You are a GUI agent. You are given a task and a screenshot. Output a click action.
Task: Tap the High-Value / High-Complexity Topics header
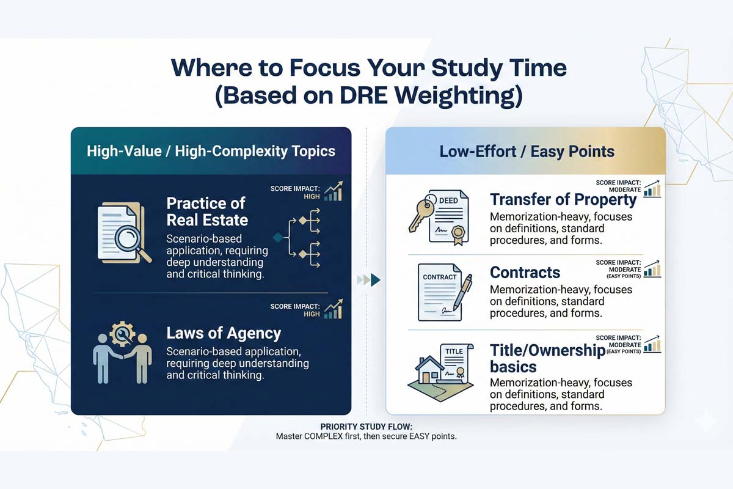click(211, 151)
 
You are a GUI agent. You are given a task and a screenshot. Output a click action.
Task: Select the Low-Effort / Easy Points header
click(527, 151)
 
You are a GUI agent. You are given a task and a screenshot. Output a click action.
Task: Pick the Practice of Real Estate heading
click(206, 211)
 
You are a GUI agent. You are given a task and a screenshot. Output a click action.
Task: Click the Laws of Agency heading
click(224, 333)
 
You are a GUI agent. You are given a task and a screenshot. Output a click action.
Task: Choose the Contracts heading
click(525, 272)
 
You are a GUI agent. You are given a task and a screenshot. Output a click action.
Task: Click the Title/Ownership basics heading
click(547, 358)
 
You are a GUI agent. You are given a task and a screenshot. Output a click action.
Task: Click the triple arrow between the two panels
click(368, 280)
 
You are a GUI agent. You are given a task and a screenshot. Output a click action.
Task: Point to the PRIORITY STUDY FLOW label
click(366, 426)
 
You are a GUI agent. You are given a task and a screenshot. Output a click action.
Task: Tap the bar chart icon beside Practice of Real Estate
click(334, 191)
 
